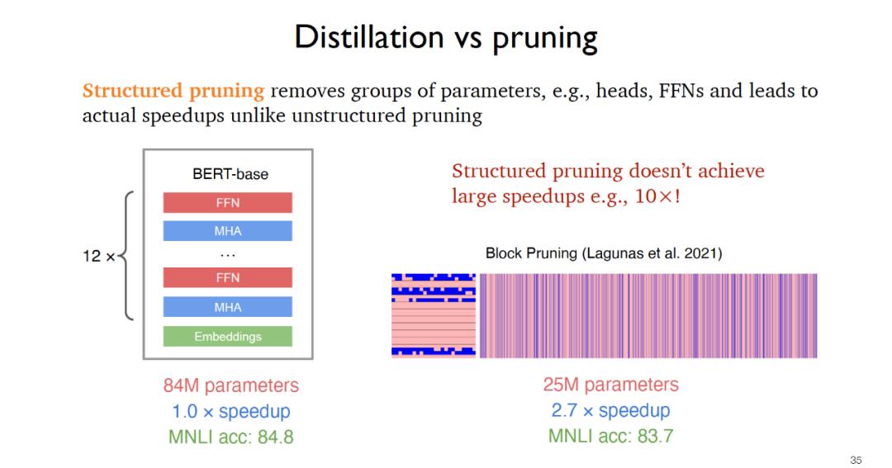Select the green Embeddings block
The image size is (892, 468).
tap(227, 337)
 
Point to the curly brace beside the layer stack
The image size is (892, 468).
tap(128, 256)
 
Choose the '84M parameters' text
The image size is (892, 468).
tap(230, 385)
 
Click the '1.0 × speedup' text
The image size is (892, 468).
tap(230, 411)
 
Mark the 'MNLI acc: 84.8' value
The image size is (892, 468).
tap(230, 437)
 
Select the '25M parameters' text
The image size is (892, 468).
tap(610, 385)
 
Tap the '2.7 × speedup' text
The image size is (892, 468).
tap(610, 410)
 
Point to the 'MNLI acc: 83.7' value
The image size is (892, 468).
tap(610, 436)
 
